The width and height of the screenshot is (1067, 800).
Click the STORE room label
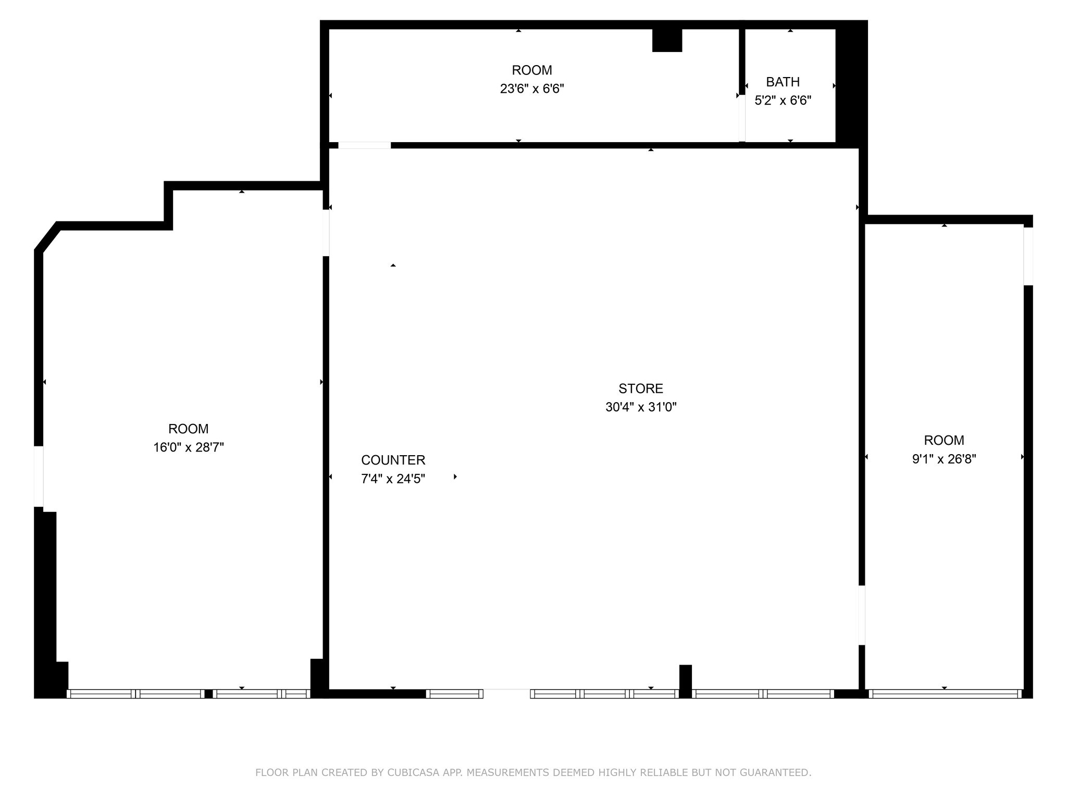[x=640, y=388]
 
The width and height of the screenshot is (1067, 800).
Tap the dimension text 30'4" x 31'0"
[x=640, y=407]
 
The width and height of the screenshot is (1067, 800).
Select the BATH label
[x=783, y=82]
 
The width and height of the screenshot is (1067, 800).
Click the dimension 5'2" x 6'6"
[x=783, y=100]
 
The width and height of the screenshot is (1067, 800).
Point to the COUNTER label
[x=393, y=460]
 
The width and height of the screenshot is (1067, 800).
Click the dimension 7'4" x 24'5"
[x=393, y=479]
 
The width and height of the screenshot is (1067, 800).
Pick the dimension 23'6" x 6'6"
[x=531, y=89]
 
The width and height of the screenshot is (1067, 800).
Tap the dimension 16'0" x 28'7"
[x=188, y=447]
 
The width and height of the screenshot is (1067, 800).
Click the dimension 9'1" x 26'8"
[x=944, y=459]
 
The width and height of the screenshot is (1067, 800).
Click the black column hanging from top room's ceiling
[x=667, y=40]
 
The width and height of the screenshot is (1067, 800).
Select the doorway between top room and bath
[x=742, y=118]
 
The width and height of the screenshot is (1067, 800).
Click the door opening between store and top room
[x=364, y=145]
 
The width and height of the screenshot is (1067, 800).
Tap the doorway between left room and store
[x=326, y=233]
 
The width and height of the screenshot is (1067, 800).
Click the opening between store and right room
[x=861, y=615]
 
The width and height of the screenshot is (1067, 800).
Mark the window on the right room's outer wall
[x=1028, y=256]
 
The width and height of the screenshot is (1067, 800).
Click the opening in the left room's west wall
[x=39, y=476]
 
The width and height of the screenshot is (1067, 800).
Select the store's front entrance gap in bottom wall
[x=506, y=693]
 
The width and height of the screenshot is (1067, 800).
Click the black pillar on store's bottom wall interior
[x=685, y=679]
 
